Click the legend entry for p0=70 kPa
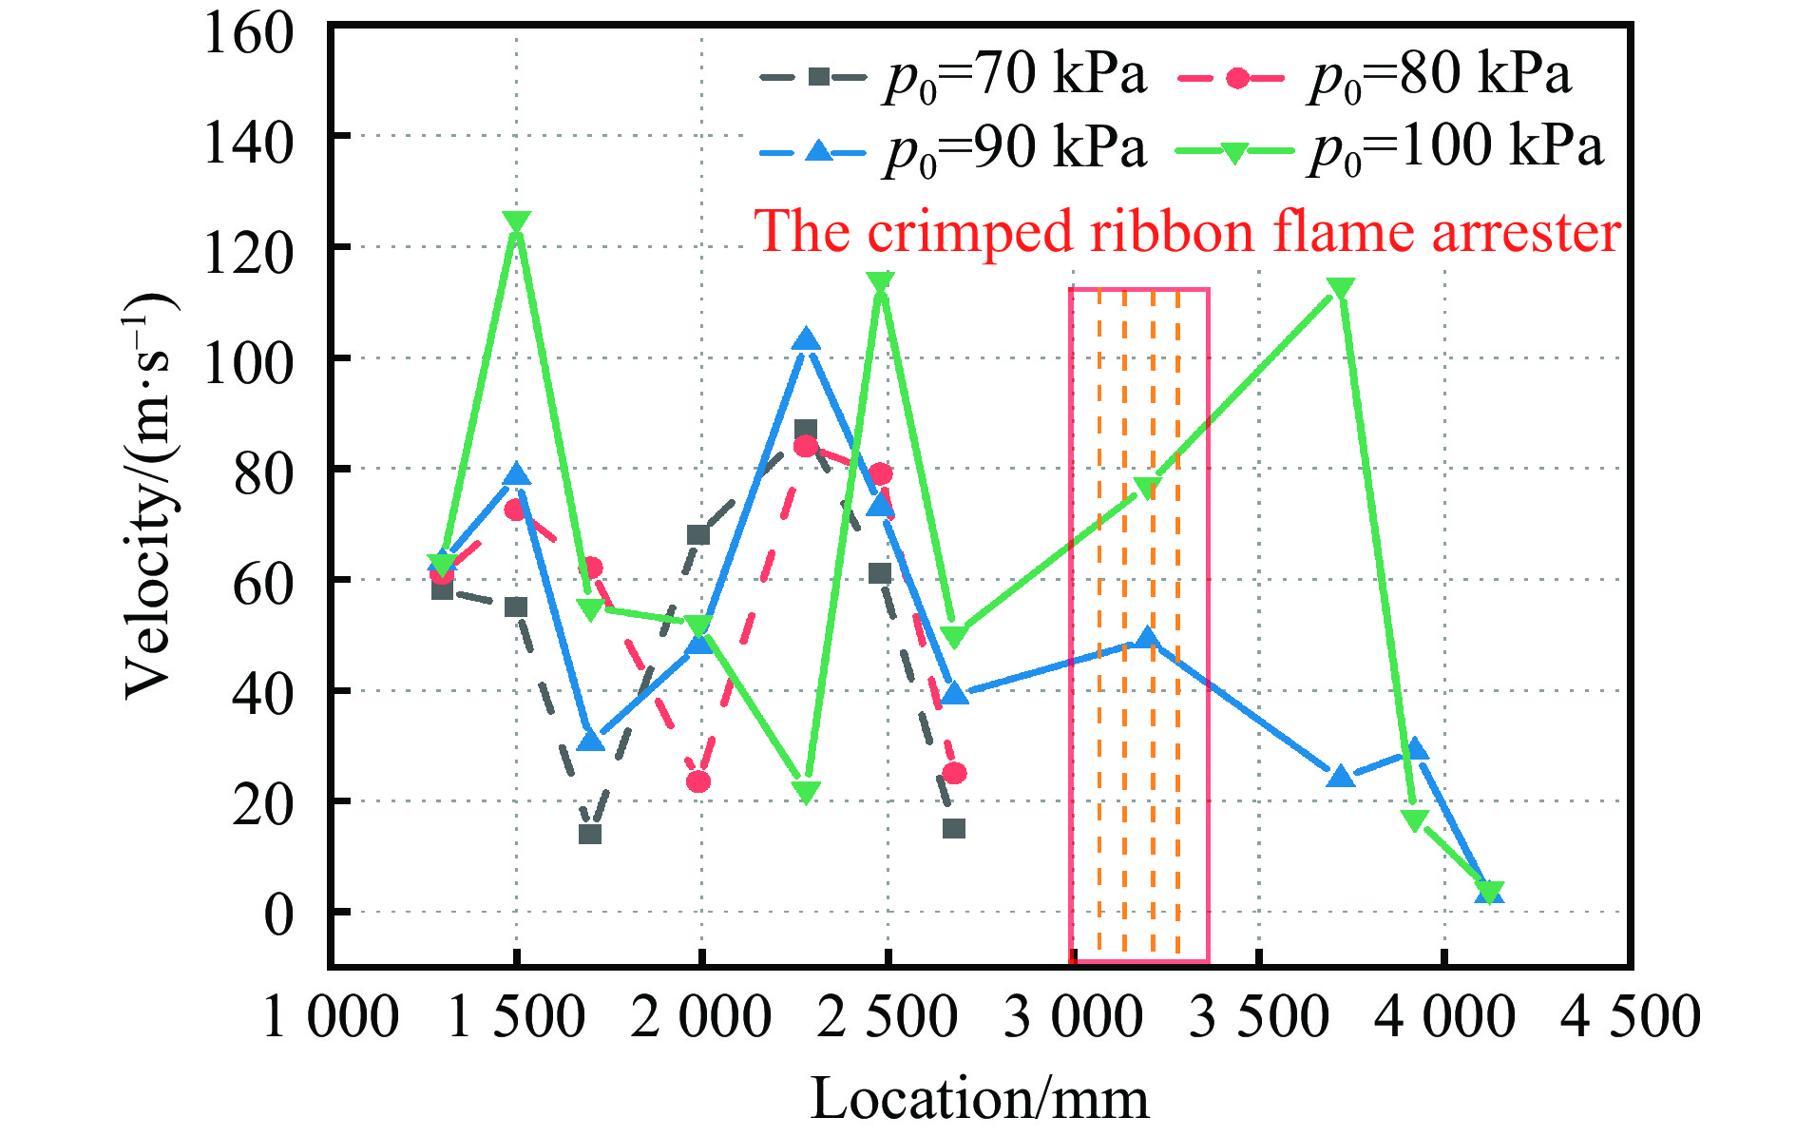pyautogui.click(x=954, y=76)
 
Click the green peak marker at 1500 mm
pyautogui.click(x=516, y=222)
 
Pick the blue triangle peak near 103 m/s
pyautogui.click(x=807, y=340)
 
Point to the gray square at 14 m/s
pyautogui.click(x=590, y=834)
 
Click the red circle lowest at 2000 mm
pyautogui.click(x=698, y=781)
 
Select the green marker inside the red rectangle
pyautogui.click(x=1148, y=488)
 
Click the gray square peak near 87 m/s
pyautogui.click(x=806, y=430)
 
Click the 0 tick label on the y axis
pyautogui.click(x=278, y=915)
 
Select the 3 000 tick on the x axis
pyautogui.click(x=1073, y=1017)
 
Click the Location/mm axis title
pyautogui.click(x=980, y=1100)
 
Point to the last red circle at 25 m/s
pyautogui.click(x=954, y=774)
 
